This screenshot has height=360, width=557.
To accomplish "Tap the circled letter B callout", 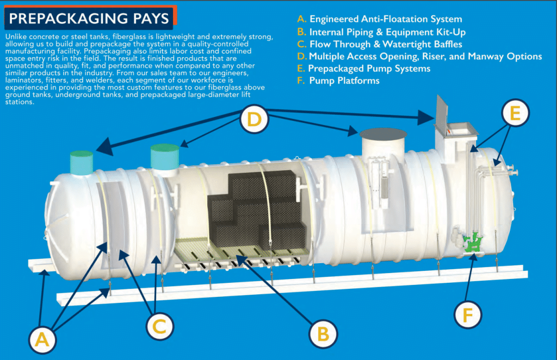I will pos(323,333).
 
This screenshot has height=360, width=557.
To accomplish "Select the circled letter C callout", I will pos(159,326).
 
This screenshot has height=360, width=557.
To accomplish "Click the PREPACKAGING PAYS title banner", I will pos(89,19).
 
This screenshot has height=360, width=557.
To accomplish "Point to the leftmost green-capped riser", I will pos(82,162).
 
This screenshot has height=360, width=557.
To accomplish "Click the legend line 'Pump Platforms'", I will pos(344,80).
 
